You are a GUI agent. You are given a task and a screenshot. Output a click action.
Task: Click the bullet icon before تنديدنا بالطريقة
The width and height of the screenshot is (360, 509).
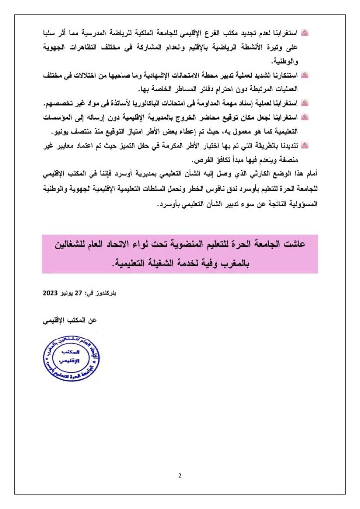[x=305, y=146]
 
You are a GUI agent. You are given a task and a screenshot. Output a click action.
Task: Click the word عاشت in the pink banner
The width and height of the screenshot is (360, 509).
[x=293, y=244]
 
